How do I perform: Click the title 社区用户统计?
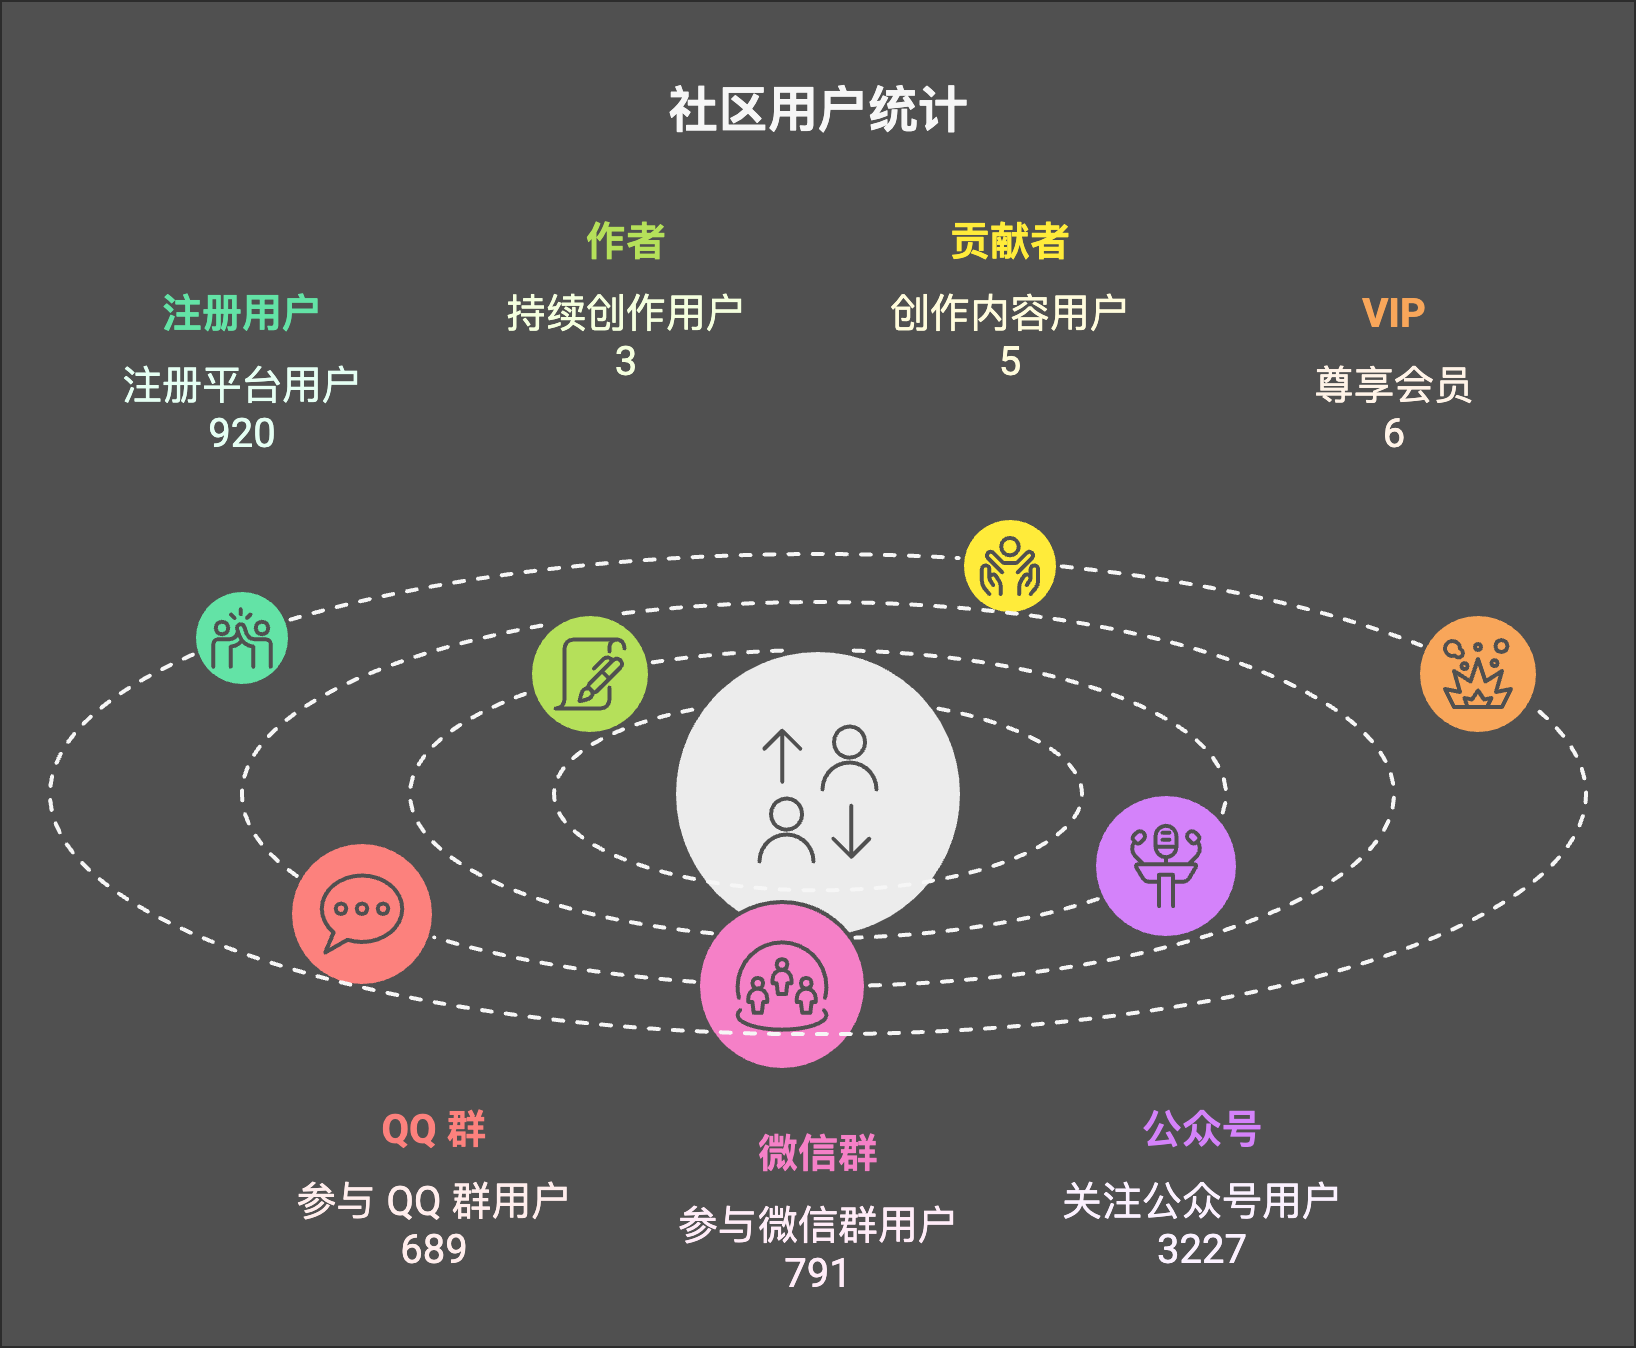click(817, 110)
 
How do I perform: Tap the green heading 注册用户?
click(241, 313)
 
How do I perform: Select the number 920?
click(241, 434)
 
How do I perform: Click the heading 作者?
click(625, 241)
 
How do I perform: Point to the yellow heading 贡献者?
click(1009, 241)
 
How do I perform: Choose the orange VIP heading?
click(1393, 313)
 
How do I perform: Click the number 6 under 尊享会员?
click(1393, 434)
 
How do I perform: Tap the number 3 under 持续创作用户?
click(625, 362)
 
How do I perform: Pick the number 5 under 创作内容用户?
click(1010, 362)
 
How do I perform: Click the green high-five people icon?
click(242, 638)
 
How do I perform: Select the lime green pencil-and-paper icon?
click(590, 674)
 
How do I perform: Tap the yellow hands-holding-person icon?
click(1010, 566)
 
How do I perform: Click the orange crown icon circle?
click(1478, 674)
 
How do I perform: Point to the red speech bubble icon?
click(362, 914)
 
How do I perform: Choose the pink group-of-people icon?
click(782, 986)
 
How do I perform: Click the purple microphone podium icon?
click(1166, 866)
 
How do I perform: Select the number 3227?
click(1201, 1250)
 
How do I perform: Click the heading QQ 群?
click(433, 1130)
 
